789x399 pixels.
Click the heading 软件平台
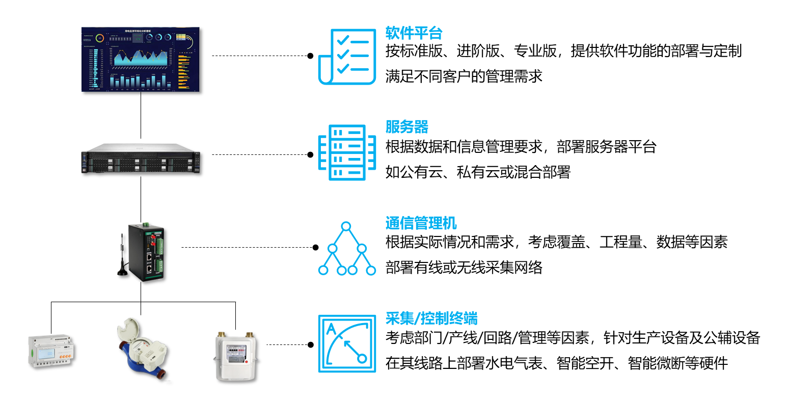click(414, 34)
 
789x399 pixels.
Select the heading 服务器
click(406, 126)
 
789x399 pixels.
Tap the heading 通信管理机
click(421, 223)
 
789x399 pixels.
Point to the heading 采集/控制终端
click(431, 319)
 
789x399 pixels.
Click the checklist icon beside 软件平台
click(343, 56)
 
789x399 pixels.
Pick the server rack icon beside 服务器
click(342, 152)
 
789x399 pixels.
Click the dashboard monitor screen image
click(141, 60)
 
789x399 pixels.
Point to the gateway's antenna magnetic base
click(123, 272)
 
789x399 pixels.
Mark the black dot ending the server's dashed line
click(310, 154)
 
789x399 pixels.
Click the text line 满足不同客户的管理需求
click(464, 77)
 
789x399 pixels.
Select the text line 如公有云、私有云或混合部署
click(478, 172)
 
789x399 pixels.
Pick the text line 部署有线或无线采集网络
click(464, 267)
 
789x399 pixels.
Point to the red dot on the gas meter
click(246, 362)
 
